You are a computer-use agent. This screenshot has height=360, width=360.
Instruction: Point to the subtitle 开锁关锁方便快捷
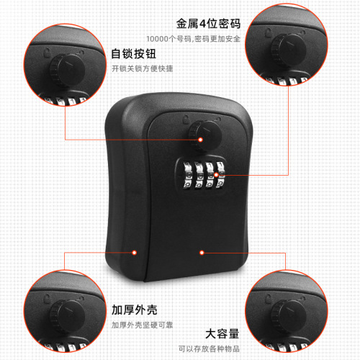pos(142,69)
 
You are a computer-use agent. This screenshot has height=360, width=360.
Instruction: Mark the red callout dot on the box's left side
pos(135,253)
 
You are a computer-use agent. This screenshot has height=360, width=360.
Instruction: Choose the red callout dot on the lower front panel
pos(202,253)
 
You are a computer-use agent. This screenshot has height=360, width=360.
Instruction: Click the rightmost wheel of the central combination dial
pos(220,175)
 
